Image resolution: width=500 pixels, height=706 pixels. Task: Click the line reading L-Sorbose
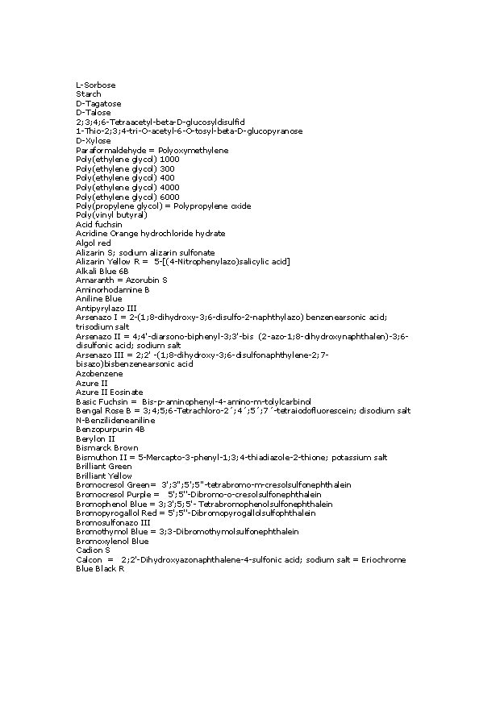96,85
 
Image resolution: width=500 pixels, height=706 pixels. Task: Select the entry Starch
89,94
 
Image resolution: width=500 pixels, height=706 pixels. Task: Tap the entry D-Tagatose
98,104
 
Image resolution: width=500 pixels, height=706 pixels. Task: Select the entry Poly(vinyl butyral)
111,215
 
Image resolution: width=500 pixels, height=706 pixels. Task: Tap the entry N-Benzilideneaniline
115,420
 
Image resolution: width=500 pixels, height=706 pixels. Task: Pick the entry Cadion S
94,550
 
